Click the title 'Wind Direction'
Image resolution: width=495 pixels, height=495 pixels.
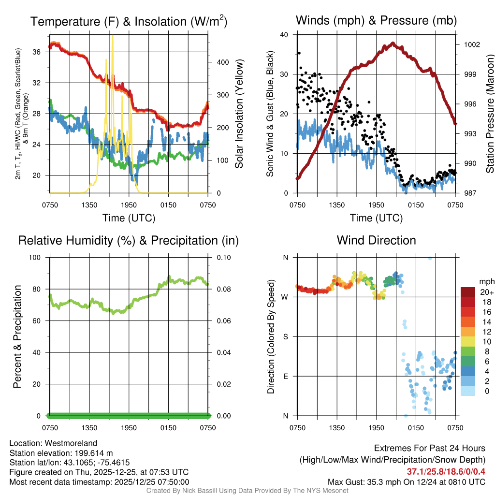point(376,240)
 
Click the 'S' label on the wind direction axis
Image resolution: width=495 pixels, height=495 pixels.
point(285,336)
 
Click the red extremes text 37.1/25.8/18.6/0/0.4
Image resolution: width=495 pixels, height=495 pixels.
point(446,471)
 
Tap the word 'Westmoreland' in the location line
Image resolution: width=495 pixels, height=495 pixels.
point(75,443)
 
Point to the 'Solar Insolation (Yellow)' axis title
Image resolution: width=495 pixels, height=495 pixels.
point(239,114)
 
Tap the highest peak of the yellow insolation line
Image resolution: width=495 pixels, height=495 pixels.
point(113,36)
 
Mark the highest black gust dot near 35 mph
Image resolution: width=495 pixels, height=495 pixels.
point(299,53)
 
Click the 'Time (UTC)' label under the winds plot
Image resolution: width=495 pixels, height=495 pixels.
point(376,218)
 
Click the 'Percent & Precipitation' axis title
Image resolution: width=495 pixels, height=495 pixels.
point(17,336)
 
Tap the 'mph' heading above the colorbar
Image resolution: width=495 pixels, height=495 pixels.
point(486,281)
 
